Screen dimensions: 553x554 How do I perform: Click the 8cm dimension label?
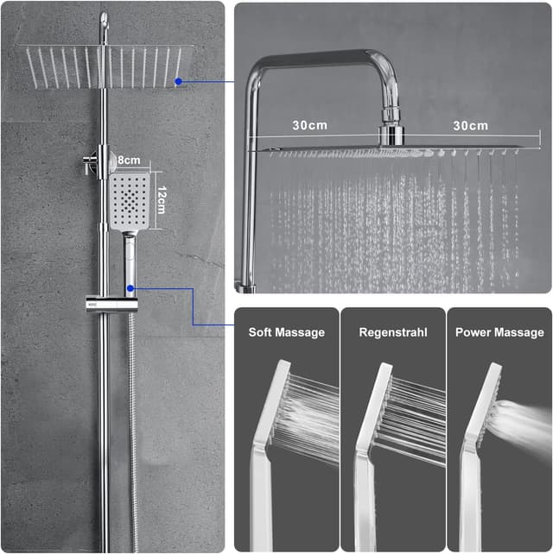pos(129,160)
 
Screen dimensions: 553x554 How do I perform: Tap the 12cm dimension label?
pos(162,200)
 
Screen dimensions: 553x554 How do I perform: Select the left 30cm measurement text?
pos(310,125)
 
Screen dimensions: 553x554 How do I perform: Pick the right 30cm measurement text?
pos(471,125)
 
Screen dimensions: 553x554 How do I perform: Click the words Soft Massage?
pos(287,332)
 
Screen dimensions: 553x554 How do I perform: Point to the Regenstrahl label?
pos(393,332)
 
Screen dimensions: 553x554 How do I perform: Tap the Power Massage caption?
pos(499,332)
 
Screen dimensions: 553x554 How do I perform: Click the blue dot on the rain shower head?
pos(179,82)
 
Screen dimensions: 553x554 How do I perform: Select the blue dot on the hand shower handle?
pos(130,288)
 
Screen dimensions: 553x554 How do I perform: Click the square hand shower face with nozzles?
pos(130,201)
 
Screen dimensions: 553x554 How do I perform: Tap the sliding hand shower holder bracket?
pos(111,304)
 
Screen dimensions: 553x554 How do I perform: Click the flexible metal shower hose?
pos(132,431)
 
